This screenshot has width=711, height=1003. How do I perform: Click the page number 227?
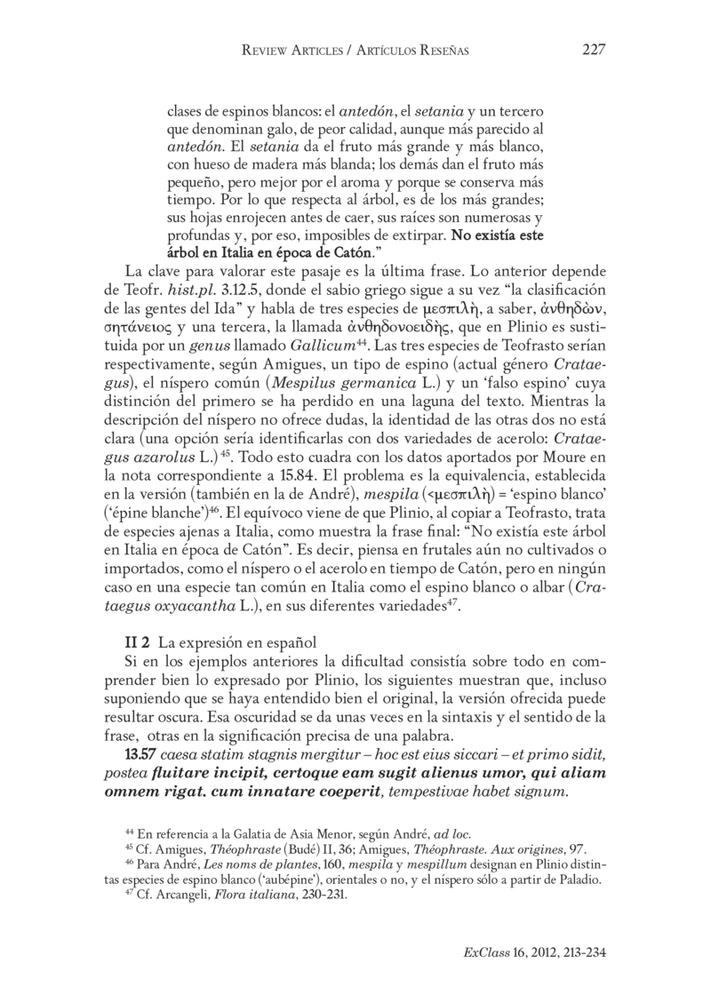(594, 51)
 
